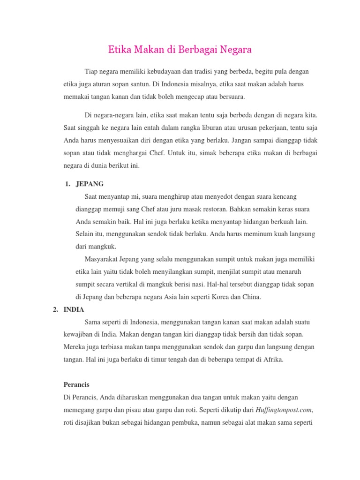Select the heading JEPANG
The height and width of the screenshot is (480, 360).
click(90, 183)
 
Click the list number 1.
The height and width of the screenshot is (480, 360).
click(67, 183)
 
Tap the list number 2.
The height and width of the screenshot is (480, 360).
click(55, 310)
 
